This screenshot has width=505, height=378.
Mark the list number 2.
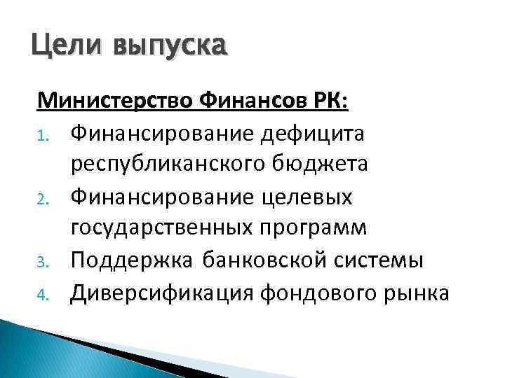click(x=41, y=199)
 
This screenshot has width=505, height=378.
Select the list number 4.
click(x=41, y=296)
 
